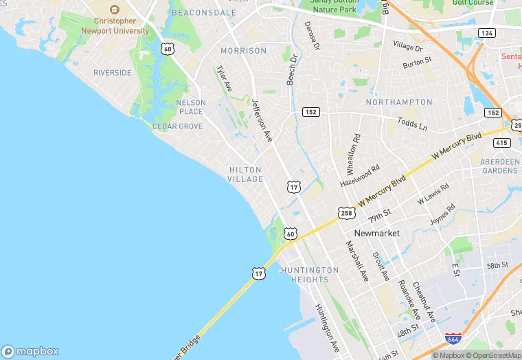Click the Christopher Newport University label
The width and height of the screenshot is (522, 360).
(115, 25)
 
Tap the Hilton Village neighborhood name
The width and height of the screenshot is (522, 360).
(245, 175)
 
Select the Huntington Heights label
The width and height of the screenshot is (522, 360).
(310, 275)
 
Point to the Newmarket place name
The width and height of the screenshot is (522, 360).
(376, 234)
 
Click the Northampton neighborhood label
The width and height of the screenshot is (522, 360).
(399, 102)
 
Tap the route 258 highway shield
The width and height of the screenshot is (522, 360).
(346, 214)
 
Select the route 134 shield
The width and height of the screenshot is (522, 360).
(487, 33)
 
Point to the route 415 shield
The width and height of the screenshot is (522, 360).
(501, 143)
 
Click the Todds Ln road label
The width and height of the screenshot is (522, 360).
(412, 124)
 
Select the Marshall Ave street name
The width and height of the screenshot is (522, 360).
(357, 261)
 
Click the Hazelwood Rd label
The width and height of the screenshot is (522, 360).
(360, 177)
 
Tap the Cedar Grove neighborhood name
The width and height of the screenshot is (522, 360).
(177, 126)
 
